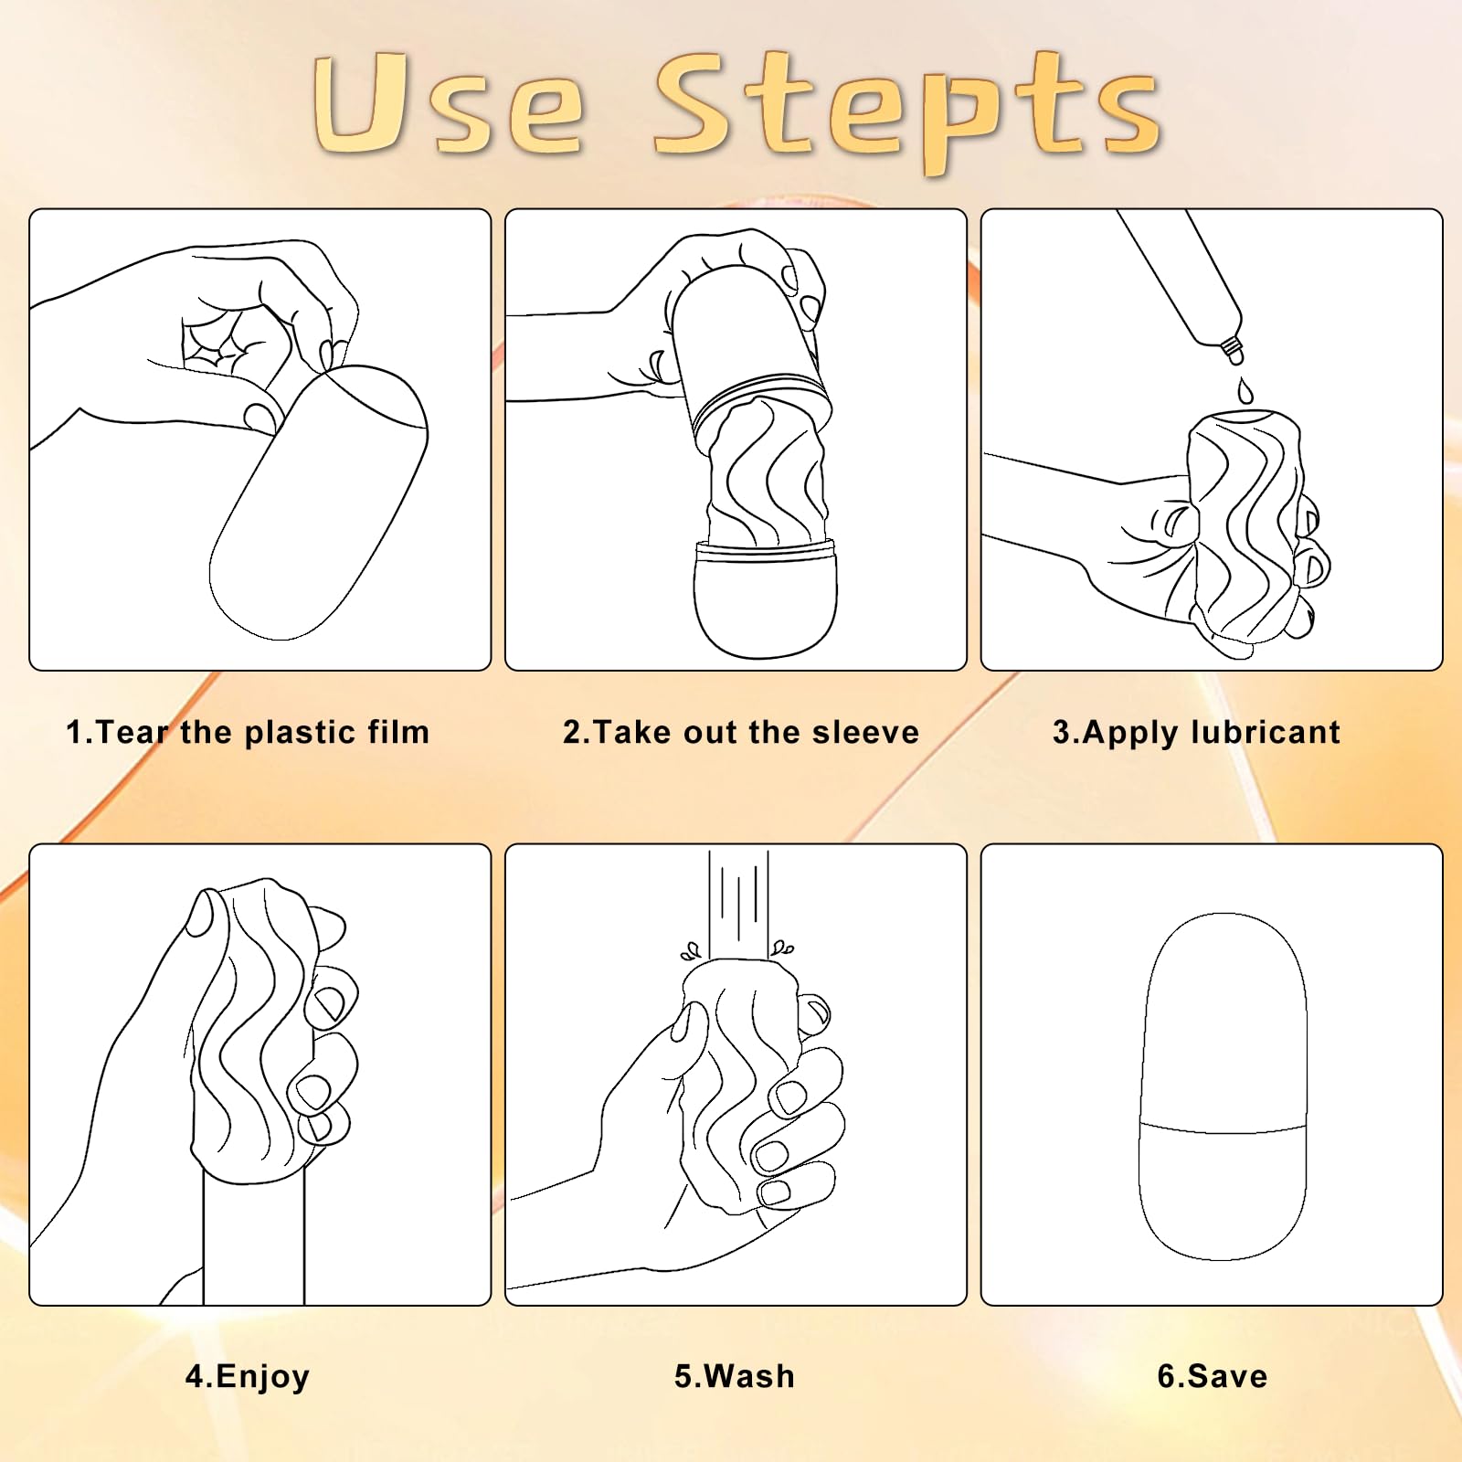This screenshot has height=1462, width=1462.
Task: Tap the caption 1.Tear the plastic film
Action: point(248,732)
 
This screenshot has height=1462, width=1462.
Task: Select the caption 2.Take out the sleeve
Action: point(741,732)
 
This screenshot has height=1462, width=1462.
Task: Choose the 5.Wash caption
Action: point(735,1376)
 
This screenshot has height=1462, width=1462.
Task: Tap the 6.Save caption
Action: point(1213,1376)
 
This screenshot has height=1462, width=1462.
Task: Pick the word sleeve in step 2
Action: point(866,732)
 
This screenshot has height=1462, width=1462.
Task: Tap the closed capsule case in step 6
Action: point(1223,1086)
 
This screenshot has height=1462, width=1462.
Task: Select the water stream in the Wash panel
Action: point(738,905)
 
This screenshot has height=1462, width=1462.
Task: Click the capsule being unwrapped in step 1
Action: point(319,502)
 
